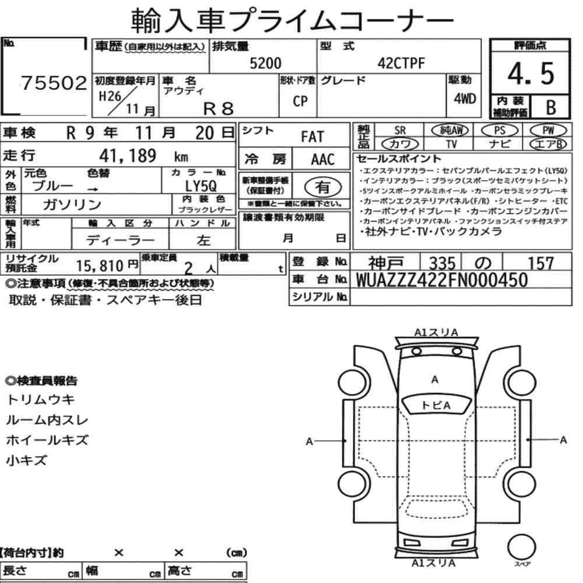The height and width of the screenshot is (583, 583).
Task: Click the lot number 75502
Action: click(x=54, y=83)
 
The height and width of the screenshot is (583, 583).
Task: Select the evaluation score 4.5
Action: click(x=531, y=73)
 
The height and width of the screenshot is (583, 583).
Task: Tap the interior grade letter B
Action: click(x=551, y=107)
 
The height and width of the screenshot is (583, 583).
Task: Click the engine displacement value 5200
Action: click(x=265, y=63)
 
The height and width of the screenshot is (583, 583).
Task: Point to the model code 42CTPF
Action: click(x=401, y=63)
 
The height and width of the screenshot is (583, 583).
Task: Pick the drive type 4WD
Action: click(x=465, y=99)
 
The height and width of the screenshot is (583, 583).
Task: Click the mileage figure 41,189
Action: click(x=128, y=156)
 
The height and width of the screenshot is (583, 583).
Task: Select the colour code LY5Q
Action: click(x=201, y=186)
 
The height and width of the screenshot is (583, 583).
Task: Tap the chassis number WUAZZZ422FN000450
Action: click(x=442, y=280)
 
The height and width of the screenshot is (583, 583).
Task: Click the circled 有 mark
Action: click(x=322, y=187)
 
